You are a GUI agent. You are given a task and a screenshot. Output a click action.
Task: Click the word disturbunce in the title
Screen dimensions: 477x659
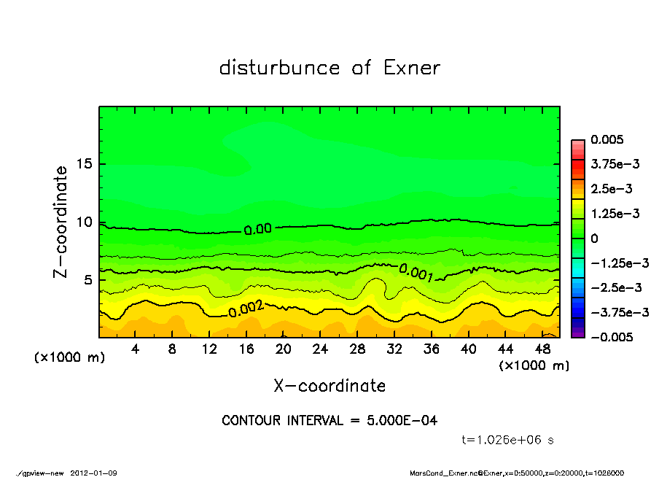(280, 68)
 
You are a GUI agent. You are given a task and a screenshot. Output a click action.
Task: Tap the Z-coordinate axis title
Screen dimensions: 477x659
(61, 222)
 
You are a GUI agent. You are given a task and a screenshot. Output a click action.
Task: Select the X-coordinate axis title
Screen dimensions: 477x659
(329, 386)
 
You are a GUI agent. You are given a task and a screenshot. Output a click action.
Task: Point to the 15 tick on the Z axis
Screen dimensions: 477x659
(85, 164)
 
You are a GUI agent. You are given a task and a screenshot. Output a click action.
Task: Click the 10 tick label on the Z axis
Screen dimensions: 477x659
(85, 222)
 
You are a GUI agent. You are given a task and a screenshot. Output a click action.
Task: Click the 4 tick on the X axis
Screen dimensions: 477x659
(136, 349)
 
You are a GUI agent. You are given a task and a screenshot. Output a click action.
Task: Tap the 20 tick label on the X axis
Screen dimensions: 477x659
(284, 349)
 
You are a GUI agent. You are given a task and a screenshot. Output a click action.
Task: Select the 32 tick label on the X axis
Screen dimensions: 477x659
(394, 349)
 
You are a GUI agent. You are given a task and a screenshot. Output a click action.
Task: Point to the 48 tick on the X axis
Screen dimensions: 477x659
(542, 349)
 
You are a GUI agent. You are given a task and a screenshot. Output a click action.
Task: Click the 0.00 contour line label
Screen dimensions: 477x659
(257, 229)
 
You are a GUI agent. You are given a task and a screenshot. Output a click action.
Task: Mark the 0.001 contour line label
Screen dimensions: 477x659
(416, 273)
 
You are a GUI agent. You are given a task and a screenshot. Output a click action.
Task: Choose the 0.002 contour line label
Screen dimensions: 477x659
(246, 309)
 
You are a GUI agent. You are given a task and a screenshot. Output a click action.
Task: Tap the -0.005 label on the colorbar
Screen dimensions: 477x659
(610, 337)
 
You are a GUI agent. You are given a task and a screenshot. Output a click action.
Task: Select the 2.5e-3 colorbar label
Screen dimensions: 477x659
(611, 189)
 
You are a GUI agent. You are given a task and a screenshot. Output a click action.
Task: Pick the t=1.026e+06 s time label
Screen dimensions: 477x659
(508, 440)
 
